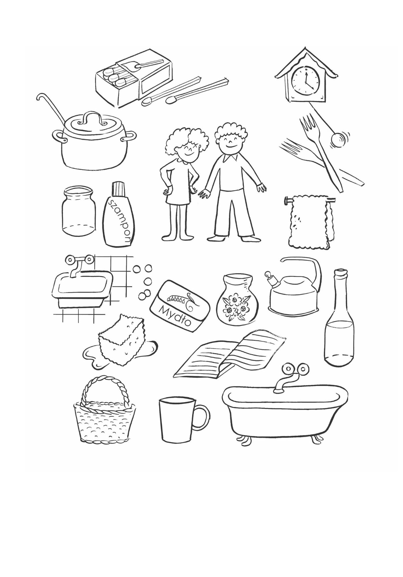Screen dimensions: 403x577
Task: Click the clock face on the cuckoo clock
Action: tap(305, 78)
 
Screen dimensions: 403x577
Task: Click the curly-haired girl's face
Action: tap(189, 150)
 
